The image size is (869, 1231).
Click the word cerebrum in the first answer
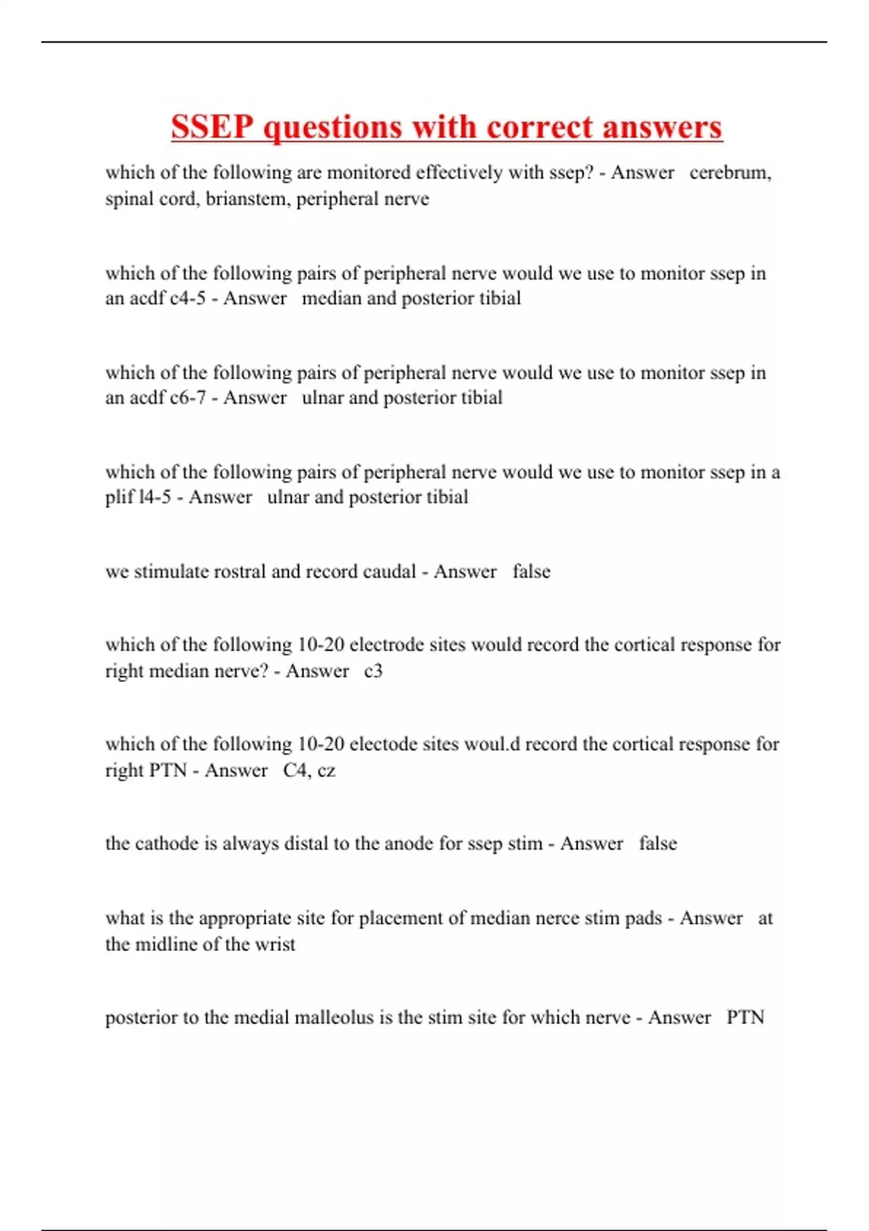tap(730, 173)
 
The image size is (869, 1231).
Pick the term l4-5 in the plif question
tap(154, 497)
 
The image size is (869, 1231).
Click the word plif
tap(119, 497)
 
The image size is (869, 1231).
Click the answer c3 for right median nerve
tap(373, 671)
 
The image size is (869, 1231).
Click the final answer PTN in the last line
tap(745, 1017)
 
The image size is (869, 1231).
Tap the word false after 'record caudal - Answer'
tap(532, 571)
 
